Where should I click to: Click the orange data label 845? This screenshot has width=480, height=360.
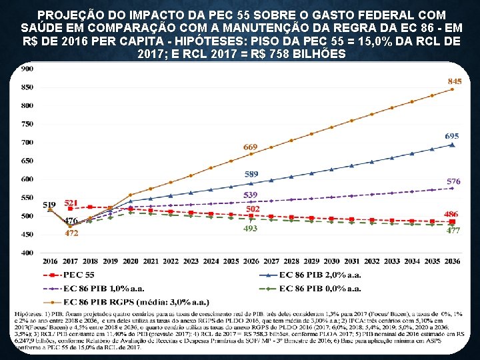pos(454,81)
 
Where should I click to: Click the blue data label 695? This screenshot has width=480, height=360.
pos(452,136)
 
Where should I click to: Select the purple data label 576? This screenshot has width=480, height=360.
pos(453,181)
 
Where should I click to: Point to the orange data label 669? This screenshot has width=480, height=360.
pos(250,147)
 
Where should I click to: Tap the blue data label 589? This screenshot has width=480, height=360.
pos(250,174)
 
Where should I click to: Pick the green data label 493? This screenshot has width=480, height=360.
pos(250,229)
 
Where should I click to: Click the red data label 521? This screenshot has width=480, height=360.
pos(72,202)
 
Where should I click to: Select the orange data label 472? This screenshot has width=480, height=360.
pos(71,233)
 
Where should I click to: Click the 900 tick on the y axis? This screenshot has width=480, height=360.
pos(28,69)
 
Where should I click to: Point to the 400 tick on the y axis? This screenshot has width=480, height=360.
pos(28,253)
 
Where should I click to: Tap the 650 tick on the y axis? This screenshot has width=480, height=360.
pos(28,161)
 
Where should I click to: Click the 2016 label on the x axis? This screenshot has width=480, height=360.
pos(50,261)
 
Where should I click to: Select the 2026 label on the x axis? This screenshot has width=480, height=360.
pos(251,261)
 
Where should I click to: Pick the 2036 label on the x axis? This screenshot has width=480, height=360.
pos(452,261)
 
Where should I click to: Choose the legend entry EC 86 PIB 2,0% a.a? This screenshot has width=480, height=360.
pos(321,275)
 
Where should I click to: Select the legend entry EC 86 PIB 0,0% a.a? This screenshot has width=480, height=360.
pos(321,288)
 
